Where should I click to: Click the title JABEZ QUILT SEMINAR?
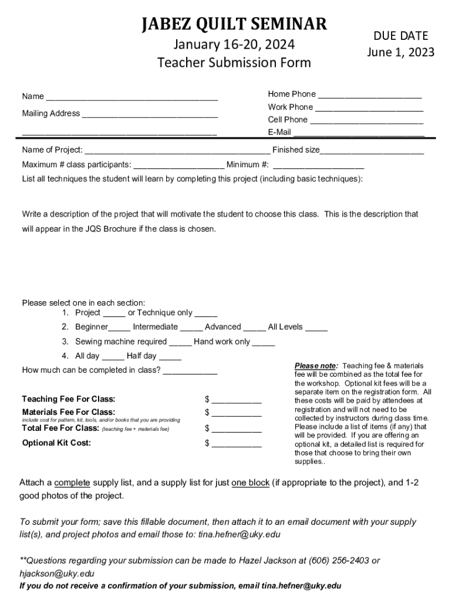tap(234, 24)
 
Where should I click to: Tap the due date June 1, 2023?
tap(401, 52)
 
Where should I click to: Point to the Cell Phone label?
tap(288, 120)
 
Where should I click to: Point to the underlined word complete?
tap(72, 482)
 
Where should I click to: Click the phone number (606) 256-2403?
tap(335, 561)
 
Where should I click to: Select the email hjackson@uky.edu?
tap(57, 573)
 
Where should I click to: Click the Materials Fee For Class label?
tap(69, 412)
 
